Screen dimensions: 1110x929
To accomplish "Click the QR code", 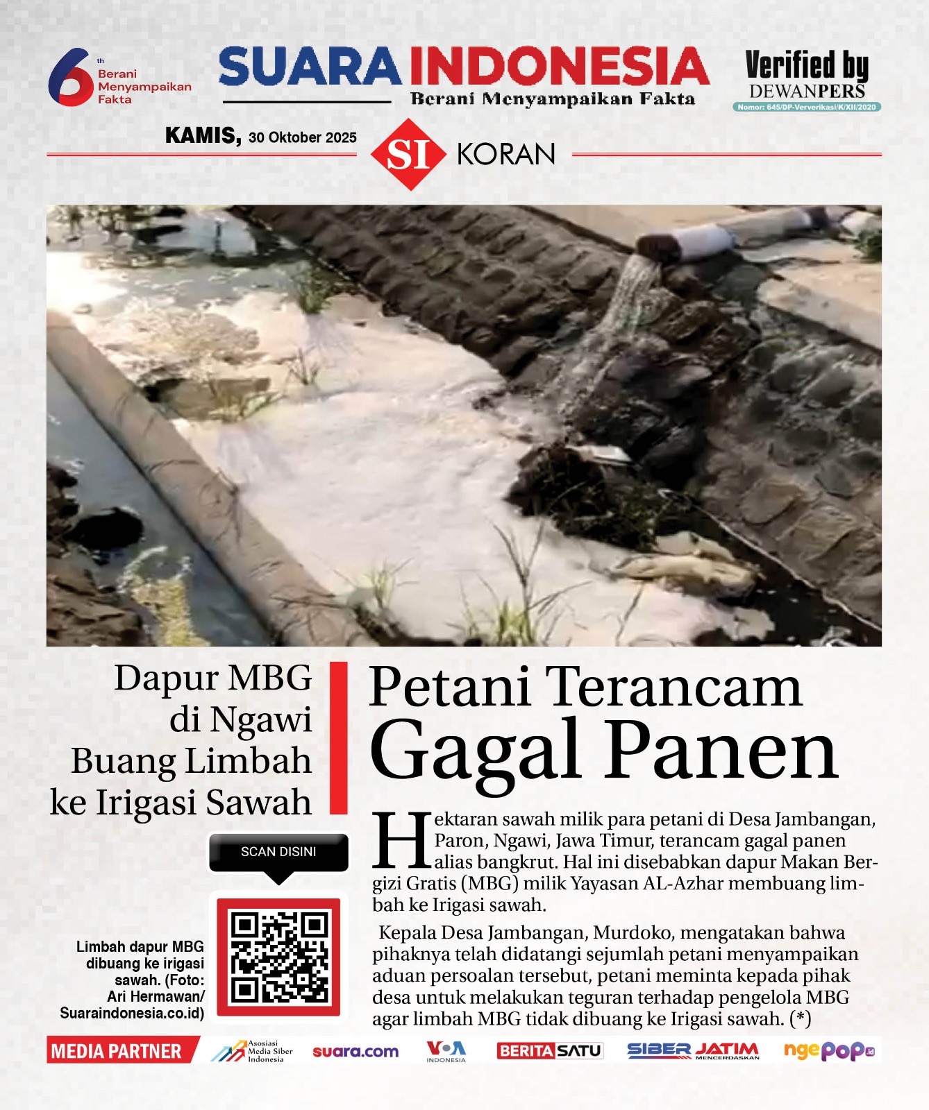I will tap(278, 957).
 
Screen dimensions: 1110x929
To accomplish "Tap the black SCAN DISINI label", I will tap(278, 852).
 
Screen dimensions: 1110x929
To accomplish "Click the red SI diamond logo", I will tap(408, 154).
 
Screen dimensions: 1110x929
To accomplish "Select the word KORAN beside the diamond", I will tap(506, 154).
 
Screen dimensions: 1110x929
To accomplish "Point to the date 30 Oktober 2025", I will tap(303, 137).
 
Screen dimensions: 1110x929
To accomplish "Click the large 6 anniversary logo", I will tap(69, 78).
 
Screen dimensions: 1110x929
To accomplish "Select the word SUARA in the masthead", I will tap(310, 68).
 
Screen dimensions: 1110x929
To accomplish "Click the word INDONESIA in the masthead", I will tap(559, 68).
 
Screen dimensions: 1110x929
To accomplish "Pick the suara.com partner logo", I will tap(355, 1052).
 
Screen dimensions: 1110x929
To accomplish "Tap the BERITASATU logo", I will tap(549, 1051).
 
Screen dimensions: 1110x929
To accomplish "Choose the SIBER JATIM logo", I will tap(693, 1051).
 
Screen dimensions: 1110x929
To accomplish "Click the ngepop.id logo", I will tap(828, 1051).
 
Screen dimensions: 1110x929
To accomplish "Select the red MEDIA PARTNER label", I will tap(117, 1051).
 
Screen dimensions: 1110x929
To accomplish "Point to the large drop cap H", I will tap(402, 841).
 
